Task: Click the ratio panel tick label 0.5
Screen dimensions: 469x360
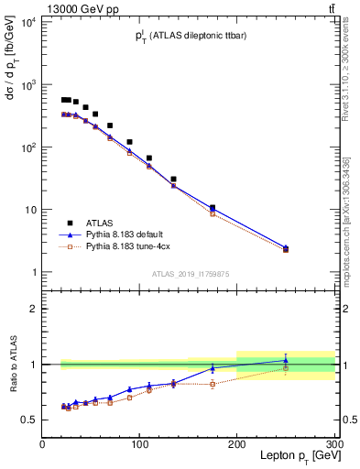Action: click(29, 420)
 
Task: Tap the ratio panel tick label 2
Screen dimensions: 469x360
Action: click(33, 309)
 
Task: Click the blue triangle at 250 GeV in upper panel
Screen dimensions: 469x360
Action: click(286, 247)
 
